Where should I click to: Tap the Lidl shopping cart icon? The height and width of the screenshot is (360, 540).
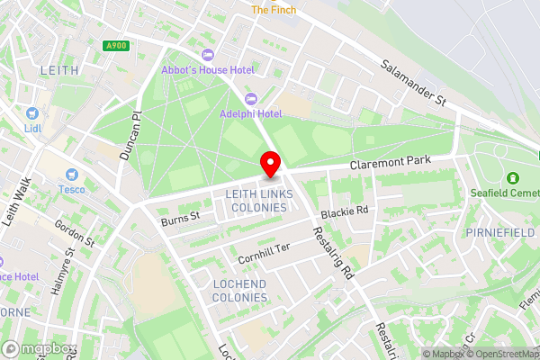32,113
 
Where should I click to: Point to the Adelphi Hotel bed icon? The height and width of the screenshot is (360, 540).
251,97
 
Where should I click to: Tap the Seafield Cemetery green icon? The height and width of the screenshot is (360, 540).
513,177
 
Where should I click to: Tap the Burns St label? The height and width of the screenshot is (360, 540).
180,218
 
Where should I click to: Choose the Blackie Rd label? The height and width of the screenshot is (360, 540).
345,211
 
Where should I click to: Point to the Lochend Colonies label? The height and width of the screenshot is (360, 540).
239,290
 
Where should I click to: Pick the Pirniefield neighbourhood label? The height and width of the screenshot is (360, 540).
500,232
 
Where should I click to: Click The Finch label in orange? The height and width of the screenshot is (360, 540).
273,10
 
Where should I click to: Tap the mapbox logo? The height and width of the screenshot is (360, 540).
40,348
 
